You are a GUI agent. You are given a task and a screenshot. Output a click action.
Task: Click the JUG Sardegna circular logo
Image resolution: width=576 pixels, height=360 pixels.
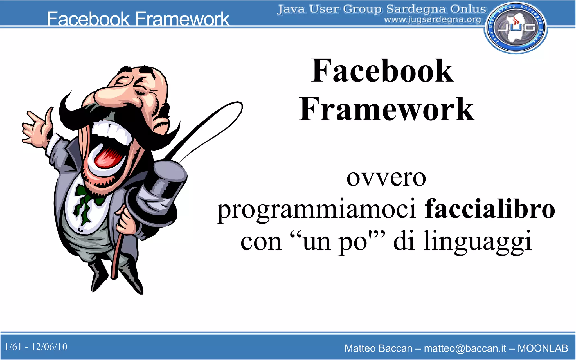(516, 28)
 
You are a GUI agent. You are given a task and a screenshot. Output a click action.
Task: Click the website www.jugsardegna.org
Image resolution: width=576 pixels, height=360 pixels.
(433, 20)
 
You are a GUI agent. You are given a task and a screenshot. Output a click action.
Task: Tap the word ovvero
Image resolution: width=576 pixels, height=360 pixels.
(386, 178)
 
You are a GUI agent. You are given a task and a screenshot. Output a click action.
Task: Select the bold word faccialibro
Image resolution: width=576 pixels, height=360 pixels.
(490, 209)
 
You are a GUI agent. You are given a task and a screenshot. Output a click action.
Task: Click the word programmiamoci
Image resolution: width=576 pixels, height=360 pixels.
(316, 210)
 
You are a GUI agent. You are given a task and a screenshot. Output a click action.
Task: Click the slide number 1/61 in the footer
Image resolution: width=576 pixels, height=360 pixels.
(13, 347)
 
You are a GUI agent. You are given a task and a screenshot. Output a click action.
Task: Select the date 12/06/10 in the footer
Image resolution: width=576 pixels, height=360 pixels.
(49, 347)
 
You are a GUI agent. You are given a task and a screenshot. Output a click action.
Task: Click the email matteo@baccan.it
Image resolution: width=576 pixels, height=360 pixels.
(465, 348)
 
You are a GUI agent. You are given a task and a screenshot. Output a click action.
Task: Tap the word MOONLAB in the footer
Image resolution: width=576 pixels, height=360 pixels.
(543, 348)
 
